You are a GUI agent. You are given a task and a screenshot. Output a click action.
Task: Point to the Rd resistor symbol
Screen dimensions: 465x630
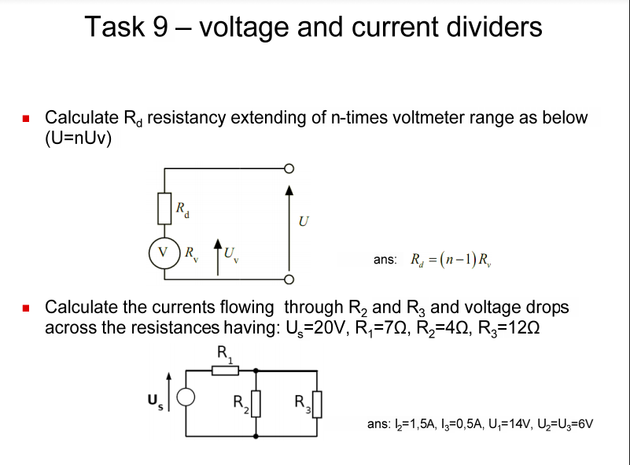point(164,209)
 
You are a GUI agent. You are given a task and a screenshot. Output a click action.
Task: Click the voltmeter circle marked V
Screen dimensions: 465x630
point(164,253)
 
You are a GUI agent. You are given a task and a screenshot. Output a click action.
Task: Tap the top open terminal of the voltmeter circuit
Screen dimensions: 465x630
point(289,168)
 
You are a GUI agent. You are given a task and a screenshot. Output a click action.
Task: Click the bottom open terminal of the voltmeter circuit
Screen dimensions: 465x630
point(289,278)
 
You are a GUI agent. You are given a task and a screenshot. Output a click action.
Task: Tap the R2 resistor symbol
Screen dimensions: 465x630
point(254,406)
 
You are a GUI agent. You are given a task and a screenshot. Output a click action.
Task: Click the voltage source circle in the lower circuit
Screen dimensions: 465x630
point(186,398)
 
